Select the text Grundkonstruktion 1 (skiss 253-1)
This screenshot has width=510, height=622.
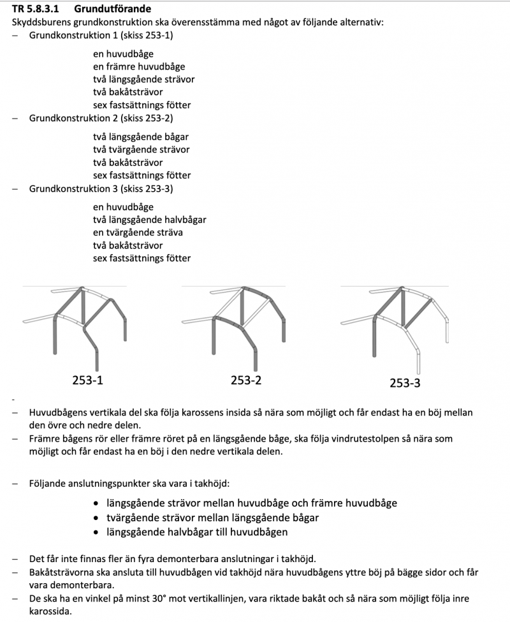(101, 36)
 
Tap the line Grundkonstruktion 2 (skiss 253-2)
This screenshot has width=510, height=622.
(101, 118)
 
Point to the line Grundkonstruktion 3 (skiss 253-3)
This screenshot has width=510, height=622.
(101, 189)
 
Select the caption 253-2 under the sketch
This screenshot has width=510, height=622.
(246, 381)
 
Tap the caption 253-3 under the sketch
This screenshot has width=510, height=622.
(405, 383)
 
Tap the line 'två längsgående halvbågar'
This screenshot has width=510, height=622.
(149, 220)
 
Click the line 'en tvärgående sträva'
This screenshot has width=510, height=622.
(138, 233)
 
